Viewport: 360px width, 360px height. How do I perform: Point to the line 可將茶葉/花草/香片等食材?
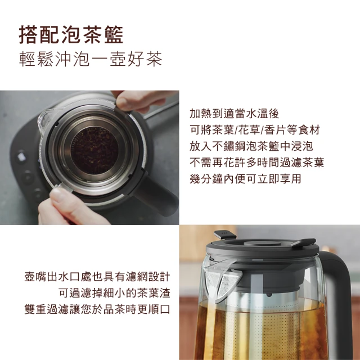pyautogui.click(x=254, y=129)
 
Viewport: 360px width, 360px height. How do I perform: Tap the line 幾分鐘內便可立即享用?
pyautogui.click(x=246, y=179)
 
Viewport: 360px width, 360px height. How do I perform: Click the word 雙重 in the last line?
pyautogui.click(x=34, y=310)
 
